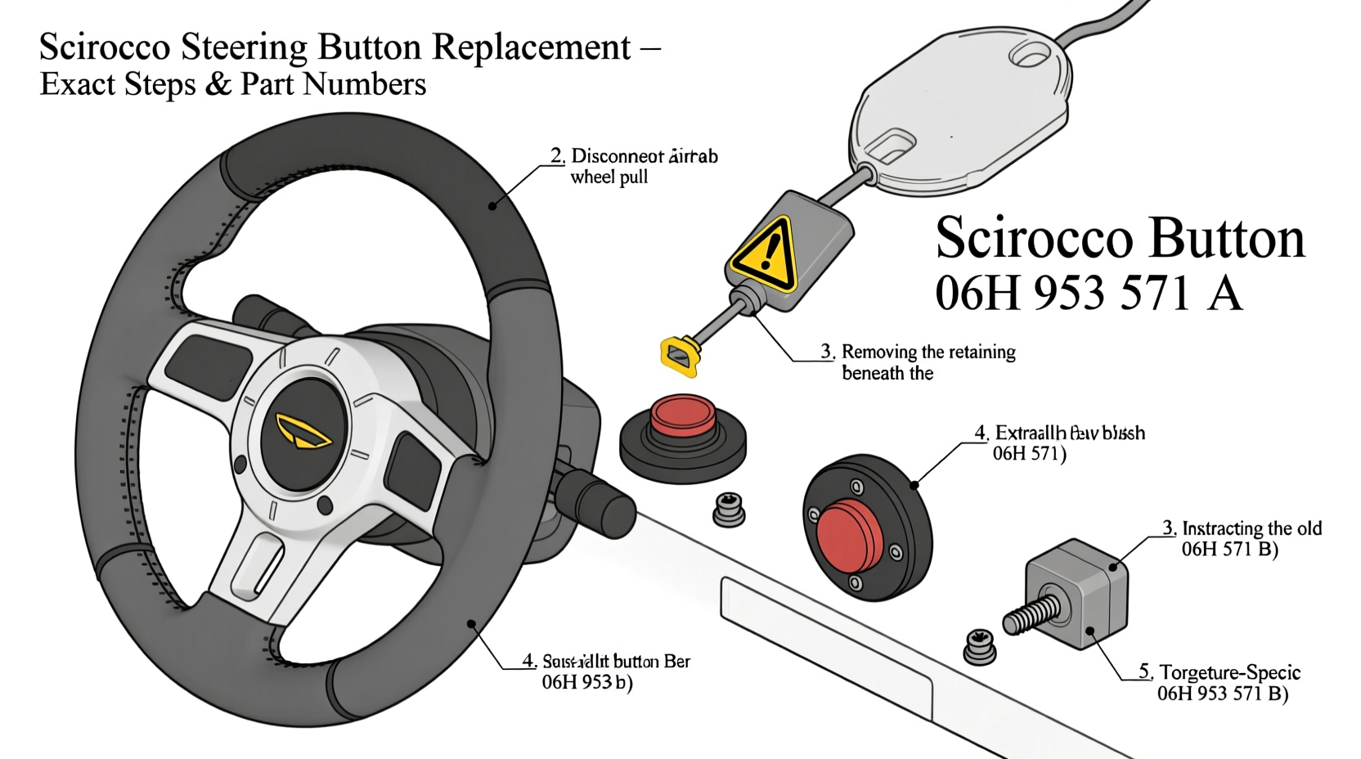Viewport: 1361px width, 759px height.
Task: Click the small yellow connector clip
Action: coord(680,356)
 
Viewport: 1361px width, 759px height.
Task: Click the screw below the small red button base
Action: coord(728,510)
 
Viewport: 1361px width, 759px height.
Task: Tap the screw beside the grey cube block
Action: coord(979,646)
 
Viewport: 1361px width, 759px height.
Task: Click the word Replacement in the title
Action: coord(531,47)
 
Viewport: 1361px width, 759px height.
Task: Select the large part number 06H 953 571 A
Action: coord(1088,293)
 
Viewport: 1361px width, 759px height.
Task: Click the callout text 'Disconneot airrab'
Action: coord(644,155)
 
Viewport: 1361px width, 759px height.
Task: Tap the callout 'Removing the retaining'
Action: coord(928,352)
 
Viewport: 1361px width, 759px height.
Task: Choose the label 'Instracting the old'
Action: coord(1251,528)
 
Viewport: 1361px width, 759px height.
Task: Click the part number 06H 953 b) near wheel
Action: coord(587,682)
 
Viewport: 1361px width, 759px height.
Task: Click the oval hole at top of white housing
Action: coord(1030,55)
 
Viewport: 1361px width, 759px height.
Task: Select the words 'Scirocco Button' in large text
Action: coord(1119,239)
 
